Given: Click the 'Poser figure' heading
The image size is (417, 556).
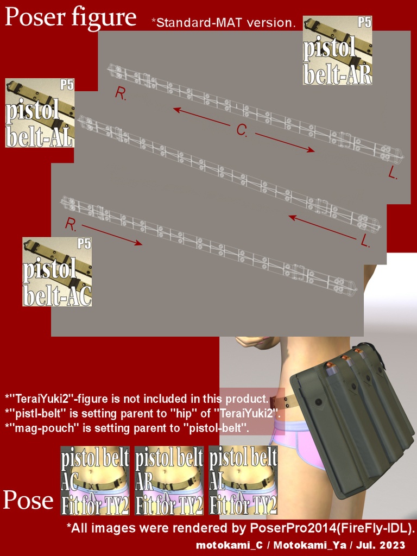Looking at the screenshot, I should click(x=71, y=17).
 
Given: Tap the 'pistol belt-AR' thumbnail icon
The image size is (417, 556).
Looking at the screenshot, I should click(x=337, y=50).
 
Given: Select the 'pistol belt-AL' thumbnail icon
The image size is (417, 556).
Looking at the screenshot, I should click(x=40, y=113).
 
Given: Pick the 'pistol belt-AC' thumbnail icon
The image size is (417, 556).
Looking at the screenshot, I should click(x=57, y=272).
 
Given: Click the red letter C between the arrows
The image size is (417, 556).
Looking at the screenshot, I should click(x=242, y=130).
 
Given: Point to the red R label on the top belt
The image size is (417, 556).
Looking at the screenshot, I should click(x=121, y=93).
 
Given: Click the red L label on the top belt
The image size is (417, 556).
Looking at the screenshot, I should click(x=394, y=173).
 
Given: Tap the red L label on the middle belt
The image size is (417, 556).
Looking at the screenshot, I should click(x=365, y=242).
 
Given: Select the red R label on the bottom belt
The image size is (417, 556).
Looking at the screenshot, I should click(x=70, y=224).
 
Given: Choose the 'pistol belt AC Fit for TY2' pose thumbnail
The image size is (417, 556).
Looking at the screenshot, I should click(x=95, y=481).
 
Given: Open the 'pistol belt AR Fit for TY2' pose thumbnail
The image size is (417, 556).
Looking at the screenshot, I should click(x=169, y=481).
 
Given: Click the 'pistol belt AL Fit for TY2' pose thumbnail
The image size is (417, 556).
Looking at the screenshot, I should click(x=243, y=481).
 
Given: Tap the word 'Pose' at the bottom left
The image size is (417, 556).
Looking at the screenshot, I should click(x=28, y=500).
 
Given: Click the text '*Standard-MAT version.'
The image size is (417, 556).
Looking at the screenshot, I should click(x=223, y=23).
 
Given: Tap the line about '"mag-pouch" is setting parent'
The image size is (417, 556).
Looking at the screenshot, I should click(x=127, y=428).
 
